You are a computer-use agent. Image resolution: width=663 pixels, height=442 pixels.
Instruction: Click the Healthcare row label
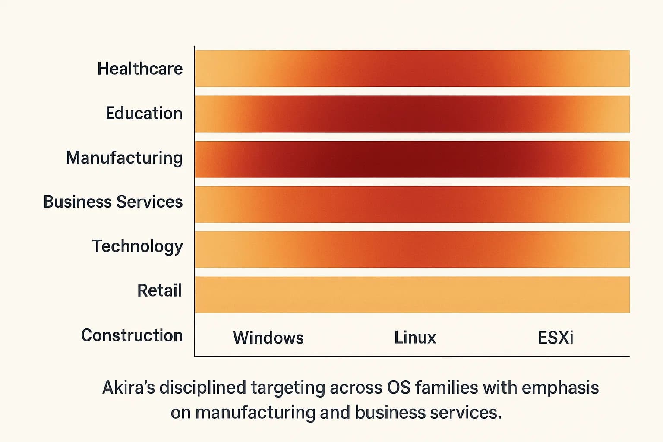coord(140,69)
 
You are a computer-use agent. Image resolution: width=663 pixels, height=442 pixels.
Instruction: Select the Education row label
coord(144,113)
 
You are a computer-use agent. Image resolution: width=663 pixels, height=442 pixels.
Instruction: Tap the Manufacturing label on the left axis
coord(124,158)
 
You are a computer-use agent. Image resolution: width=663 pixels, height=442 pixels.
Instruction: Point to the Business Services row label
coord(113,202)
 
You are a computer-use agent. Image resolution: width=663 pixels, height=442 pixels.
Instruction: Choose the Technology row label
coord(137,246)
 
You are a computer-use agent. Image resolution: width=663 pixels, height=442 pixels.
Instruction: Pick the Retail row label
coord(159,290)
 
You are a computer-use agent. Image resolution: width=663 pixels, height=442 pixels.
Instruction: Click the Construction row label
coord(132,335)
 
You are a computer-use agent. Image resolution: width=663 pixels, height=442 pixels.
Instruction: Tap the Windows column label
coord(268,338)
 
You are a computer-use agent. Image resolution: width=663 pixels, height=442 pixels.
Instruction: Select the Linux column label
coord(415,338)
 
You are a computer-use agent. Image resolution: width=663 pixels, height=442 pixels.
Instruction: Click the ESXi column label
coord(556,338)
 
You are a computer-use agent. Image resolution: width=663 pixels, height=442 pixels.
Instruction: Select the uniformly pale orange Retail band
coord(412,294)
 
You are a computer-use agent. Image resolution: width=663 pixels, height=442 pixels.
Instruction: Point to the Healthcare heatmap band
coord(412,68)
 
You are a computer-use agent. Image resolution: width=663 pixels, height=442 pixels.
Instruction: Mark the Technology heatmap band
coord(412,249)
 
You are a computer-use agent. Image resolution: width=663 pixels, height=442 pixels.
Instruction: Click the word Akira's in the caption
coord(128,388)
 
